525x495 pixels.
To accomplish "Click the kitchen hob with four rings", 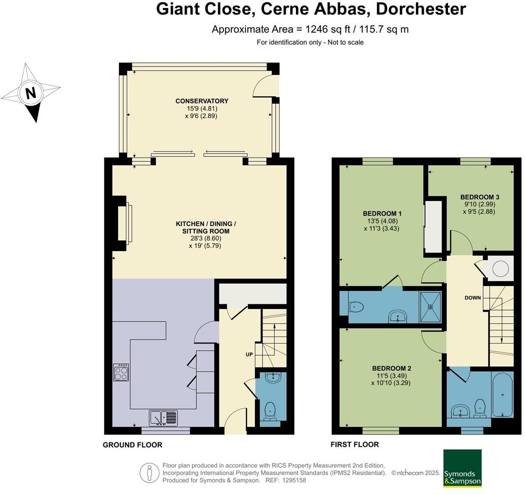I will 120,372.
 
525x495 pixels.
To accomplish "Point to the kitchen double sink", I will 164,418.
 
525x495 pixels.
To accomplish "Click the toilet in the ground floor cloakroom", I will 271,410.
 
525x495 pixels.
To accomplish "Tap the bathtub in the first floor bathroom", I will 502,395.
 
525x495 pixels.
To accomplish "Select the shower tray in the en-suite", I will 431,306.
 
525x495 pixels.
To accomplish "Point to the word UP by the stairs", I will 250,354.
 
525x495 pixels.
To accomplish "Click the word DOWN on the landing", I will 473,298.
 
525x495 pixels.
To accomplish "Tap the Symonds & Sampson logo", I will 462,468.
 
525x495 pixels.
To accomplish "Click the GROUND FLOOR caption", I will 132,445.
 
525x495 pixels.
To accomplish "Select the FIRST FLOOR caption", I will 355,444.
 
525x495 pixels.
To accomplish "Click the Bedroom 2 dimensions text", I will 391,379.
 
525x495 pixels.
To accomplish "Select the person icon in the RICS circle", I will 149,472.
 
